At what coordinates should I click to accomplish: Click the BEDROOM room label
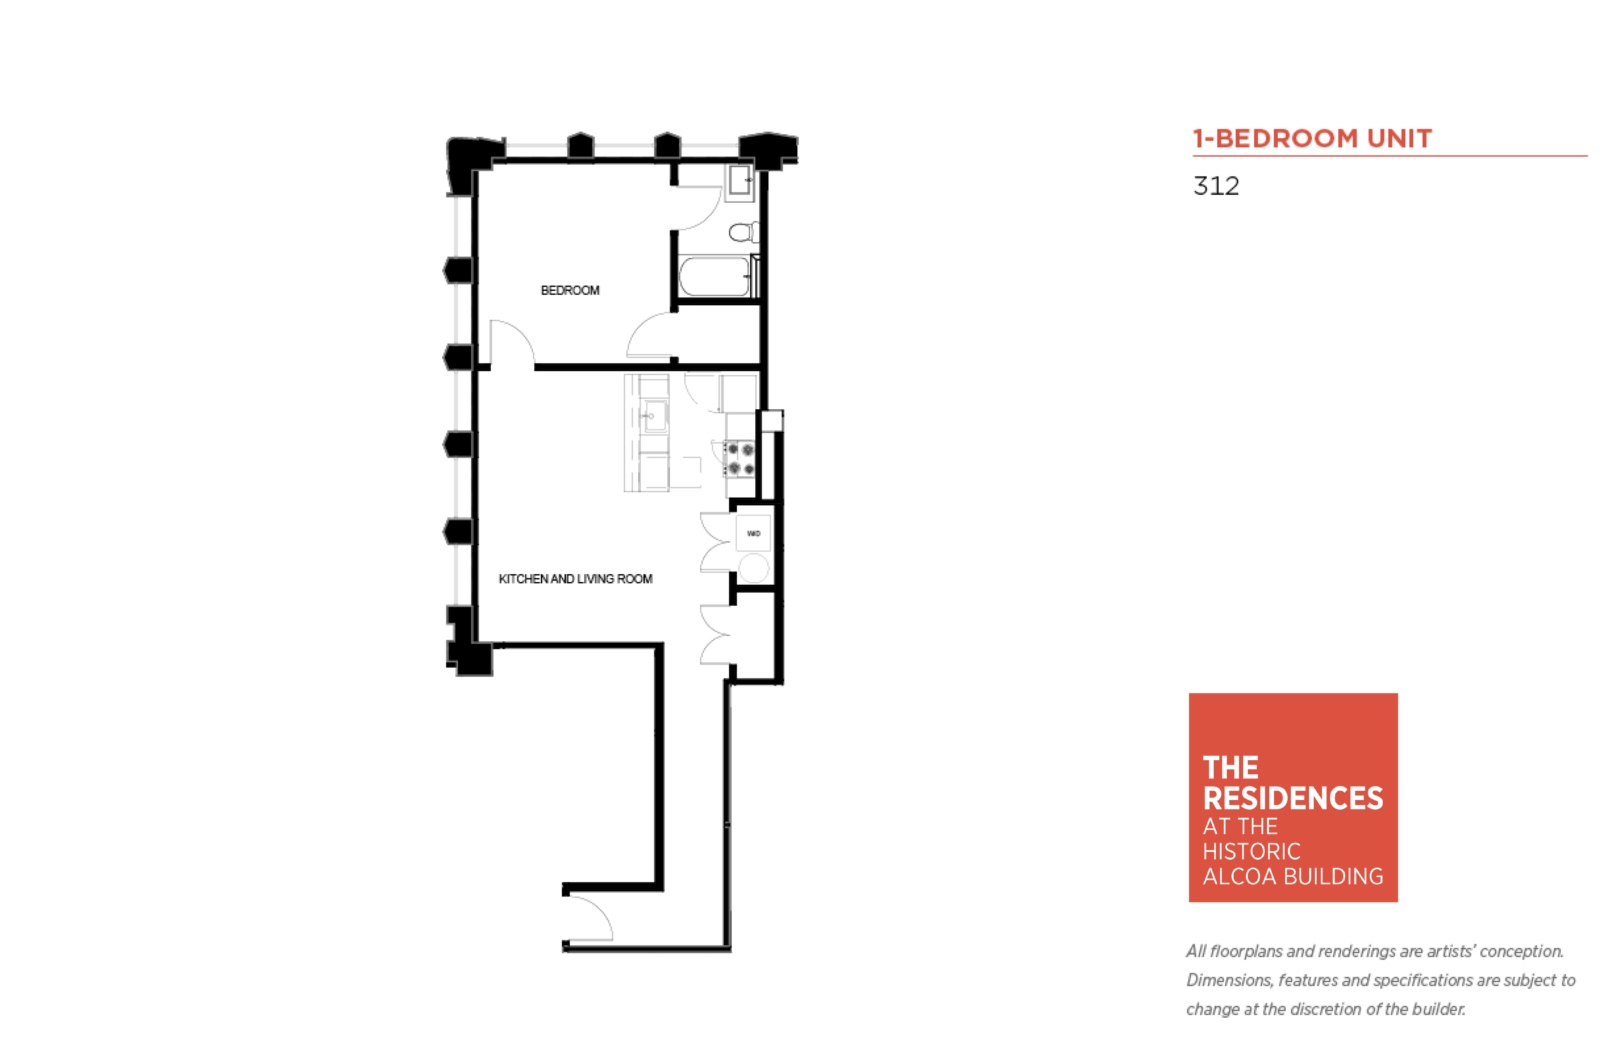(x=570, y=291)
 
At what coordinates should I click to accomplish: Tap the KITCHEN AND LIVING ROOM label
(x=575, y=579)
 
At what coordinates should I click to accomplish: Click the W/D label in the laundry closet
(x=753, y=533)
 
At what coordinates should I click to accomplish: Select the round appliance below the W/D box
(x=754, y=568)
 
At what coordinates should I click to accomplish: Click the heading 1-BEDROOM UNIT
(x=1312, y=138)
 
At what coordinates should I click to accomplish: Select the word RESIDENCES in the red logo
(x=1292, y=799)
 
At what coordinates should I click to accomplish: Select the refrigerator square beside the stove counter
(x=739, y=393)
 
